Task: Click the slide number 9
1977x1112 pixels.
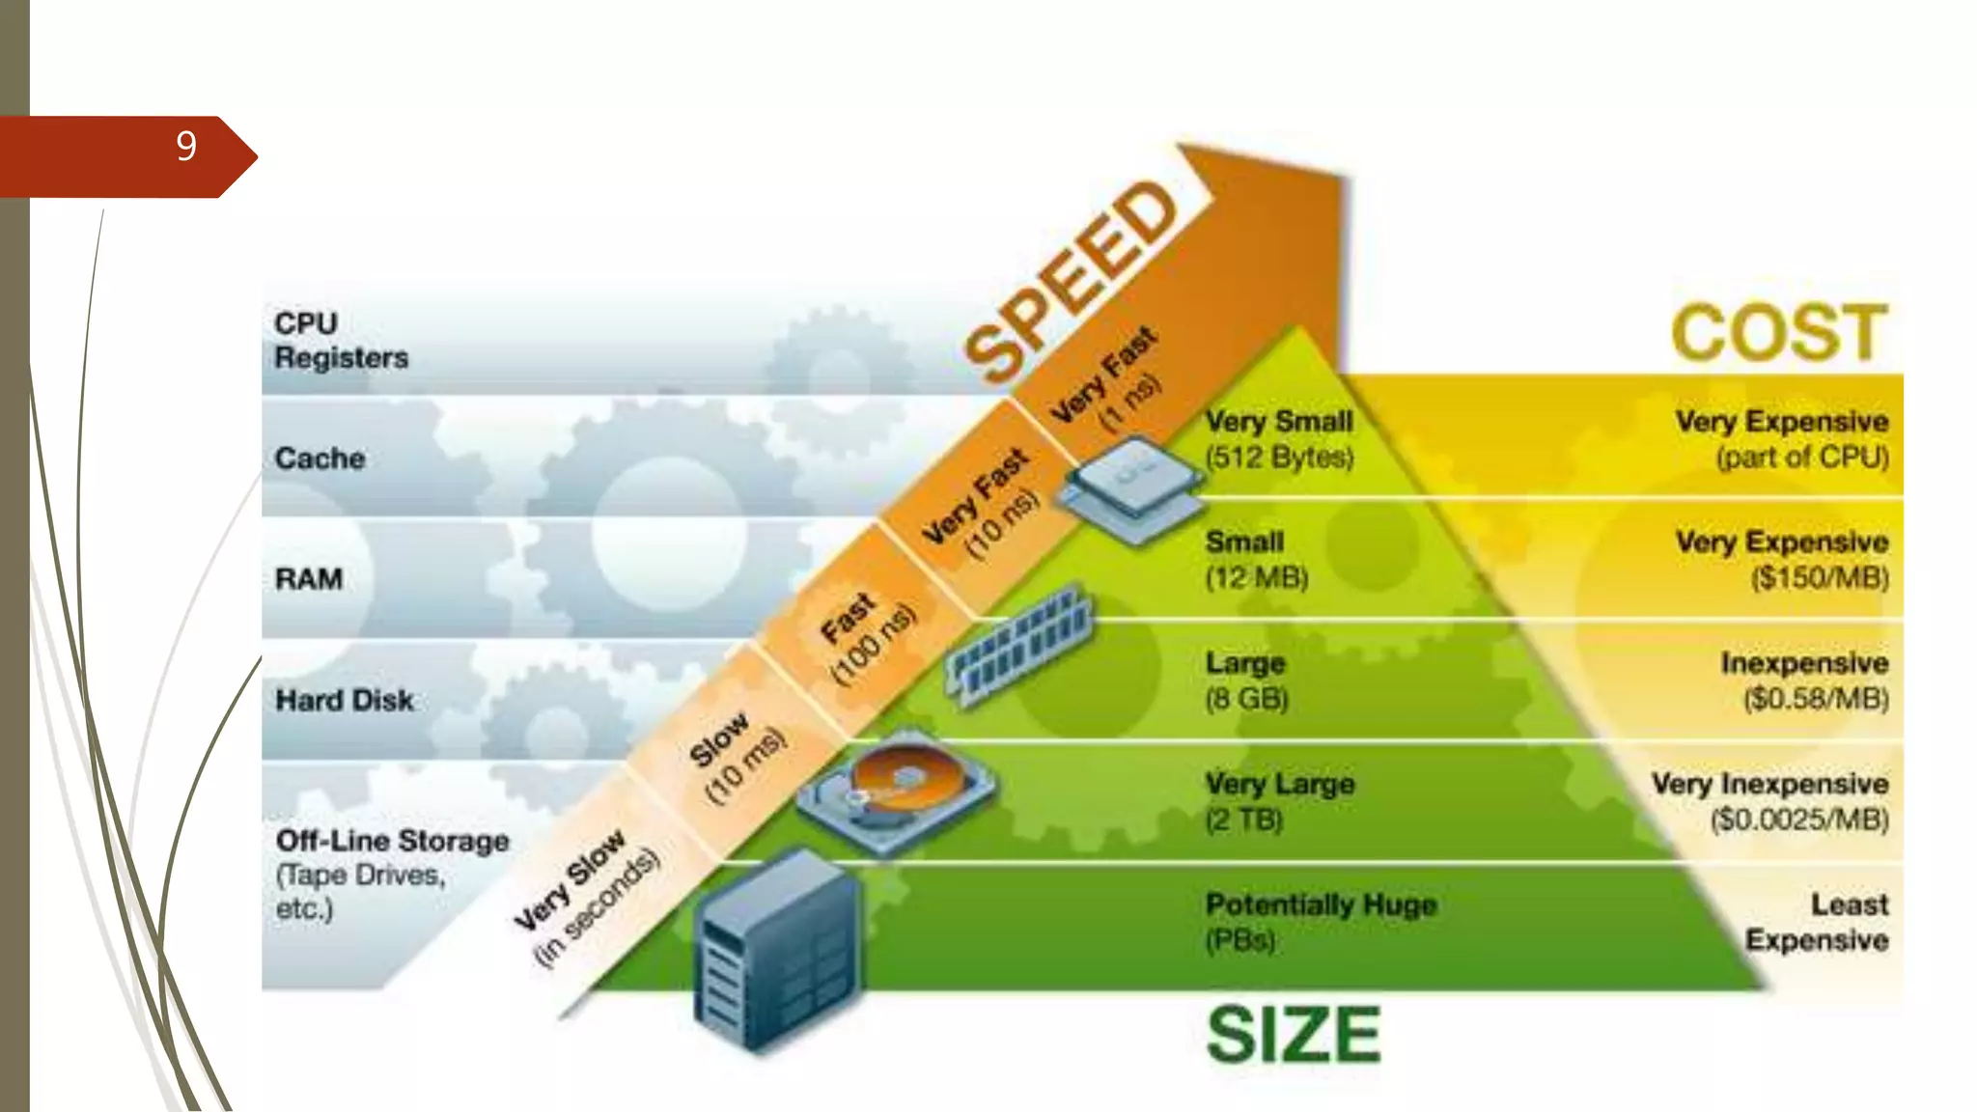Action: [186, 147]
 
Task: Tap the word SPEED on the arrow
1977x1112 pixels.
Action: [1072, 280]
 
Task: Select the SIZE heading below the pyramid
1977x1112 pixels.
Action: [1294, 1034]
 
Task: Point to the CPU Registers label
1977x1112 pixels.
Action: [341, 340]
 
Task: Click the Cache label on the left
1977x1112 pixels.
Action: [320, 458]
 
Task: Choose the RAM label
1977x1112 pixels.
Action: [309, 578]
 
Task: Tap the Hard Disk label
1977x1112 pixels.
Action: [345, 700]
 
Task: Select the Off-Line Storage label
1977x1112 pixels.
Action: [392, 841]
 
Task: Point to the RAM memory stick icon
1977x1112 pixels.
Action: [1020, 645]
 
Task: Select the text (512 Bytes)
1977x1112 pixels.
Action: [1279, 457]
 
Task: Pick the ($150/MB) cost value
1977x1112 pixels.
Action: [1819, 577]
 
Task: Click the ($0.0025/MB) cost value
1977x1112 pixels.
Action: [1798, 820]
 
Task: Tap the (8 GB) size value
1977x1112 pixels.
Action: [1246, 698]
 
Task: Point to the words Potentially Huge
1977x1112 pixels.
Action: [1321, 904]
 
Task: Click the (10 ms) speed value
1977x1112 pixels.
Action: [745, 767]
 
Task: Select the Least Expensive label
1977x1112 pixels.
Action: [1817, 922]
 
